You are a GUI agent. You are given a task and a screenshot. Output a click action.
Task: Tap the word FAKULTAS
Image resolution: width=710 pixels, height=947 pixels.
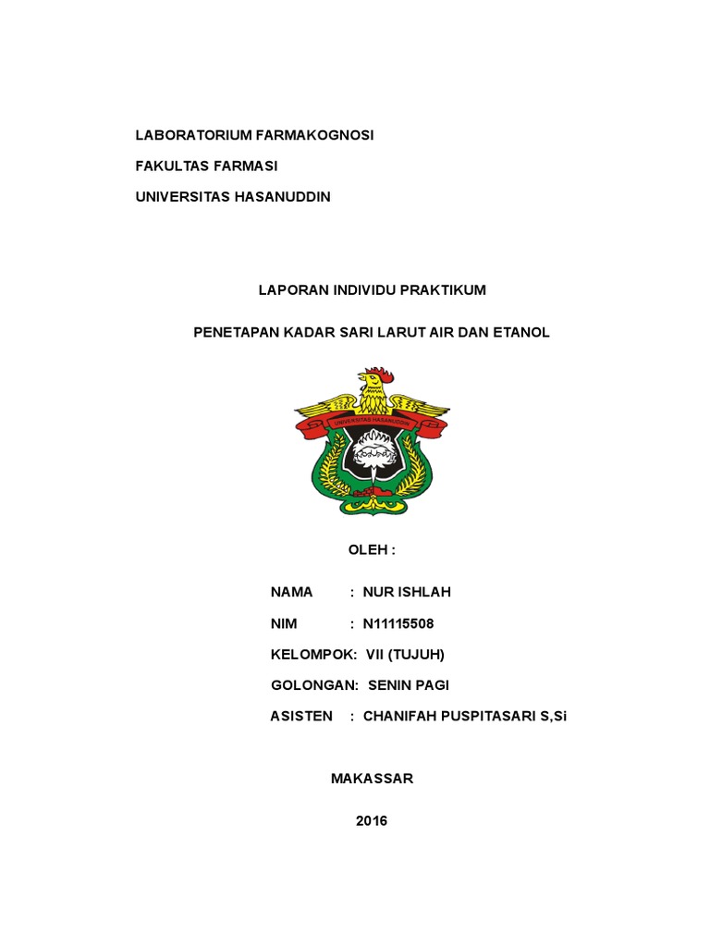point(170,166)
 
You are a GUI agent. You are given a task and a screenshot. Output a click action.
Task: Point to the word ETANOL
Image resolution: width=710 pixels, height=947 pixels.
point(522,332)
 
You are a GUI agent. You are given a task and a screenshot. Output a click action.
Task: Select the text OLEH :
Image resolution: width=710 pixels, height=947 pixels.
point(371,550)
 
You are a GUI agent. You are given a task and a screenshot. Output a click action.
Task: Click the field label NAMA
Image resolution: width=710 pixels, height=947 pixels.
point(291,592)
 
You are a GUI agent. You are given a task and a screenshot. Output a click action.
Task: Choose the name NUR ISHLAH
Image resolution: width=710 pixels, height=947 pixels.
point(407,592)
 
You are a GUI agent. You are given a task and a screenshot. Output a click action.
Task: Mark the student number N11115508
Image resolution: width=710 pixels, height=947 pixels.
point(398,623)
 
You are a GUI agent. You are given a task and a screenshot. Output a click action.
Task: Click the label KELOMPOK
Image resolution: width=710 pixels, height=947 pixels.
point(312,655)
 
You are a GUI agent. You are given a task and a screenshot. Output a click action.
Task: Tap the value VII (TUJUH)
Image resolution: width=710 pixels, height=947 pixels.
point(406,655)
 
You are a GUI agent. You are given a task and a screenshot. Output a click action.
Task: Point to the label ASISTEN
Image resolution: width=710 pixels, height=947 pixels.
point(301,717)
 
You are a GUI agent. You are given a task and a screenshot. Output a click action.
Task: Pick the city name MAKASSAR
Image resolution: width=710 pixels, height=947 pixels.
point(372,779)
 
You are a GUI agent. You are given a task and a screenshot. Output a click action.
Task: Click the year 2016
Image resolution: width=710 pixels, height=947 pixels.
point(372,821)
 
